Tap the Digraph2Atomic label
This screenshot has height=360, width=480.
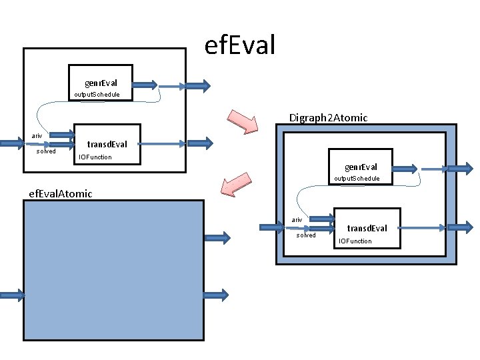[328, 118]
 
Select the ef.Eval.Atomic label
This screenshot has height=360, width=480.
[60, 193]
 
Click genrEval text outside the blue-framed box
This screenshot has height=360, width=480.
[101, 83]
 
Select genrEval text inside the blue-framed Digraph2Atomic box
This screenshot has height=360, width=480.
[361, 167]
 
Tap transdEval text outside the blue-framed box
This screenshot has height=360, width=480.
[107, 144]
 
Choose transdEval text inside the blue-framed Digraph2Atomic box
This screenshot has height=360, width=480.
[367, 229]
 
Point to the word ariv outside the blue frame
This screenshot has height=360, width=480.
[37, 136]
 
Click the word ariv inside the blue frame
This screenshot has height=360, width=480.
[297, 219]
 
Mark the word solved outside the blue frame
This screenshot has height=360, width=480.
[46, 151]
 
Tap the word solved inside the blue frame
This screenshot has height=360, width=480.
[306, 235]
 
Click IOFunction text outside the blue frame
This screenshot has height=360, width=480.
[95, 157]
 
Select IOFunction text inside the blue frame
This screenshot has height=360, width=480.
[355, 241]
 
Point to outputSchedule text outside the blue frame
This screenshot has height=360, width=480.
[97, 95]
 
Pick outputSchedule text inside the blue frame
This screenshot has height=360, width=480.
[357, 179]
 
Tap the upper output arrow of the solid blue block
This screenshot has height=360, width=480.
[217, 237]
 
